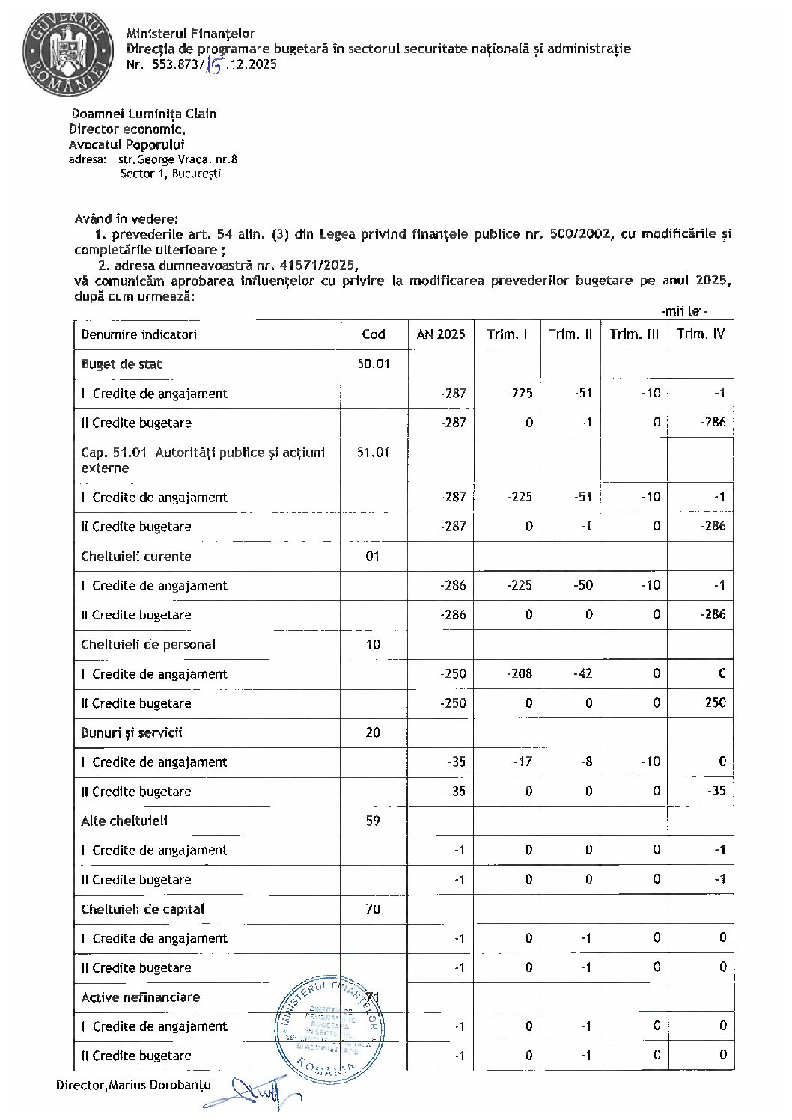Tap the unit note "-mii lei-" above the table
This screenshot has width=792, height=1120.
click(684, 311)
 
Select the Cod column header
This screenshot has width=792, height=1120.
click(373, 334)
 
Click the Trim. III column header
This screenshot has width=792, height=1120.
click(633, 334)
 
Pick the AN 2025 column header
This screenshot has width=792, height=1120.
click(441, 334)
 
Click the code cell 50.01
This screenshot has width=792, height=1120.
click(373, 364)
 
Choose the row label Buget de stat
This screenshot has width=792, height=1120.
click(121, 364)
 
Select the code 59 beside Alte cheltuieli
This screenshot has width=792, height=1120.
click(372, 821)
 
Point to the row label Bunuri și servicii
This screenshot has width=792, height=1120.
click(132, 732)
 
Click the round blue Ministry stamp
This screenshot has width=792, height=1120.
click(330, 1024)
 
